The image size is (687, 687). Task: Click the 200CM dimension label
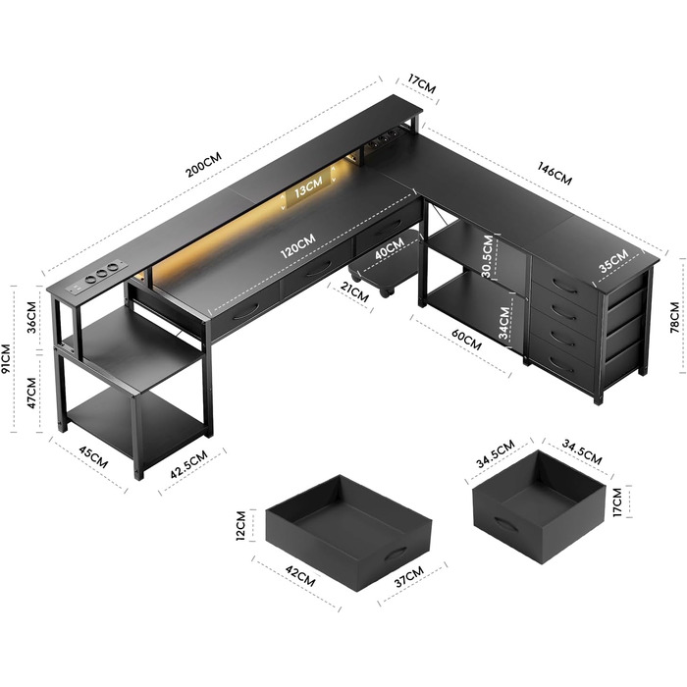204,164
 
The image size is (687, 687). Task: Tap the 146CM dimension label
555,174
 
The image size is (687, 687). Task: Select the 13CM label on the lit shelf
308,187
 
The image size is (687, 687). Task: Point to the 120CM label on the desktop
298,246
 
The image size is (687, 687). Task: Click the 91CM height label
7,358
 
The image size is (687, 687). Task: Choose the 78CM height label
675,317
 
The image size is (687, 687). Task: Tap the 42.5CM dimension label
188,464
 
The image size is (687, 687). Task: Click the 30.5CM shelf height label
487,256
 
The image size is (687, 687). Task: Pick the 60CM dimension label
466,340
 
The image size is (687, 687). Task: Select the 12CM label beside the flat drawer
241,526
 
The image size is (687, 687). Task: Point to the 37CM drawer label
409,577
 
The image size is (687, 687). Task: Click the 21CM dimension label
355,292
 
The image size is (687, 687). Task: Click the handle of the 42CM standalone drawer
397,554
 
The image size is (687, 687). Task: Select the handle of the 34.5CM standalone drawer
506,523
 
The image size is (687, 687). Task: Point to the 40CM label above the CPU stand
390,249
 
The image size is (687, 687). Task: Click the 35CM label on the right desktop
613,261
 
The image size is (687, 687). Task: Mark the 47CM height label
31,394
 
